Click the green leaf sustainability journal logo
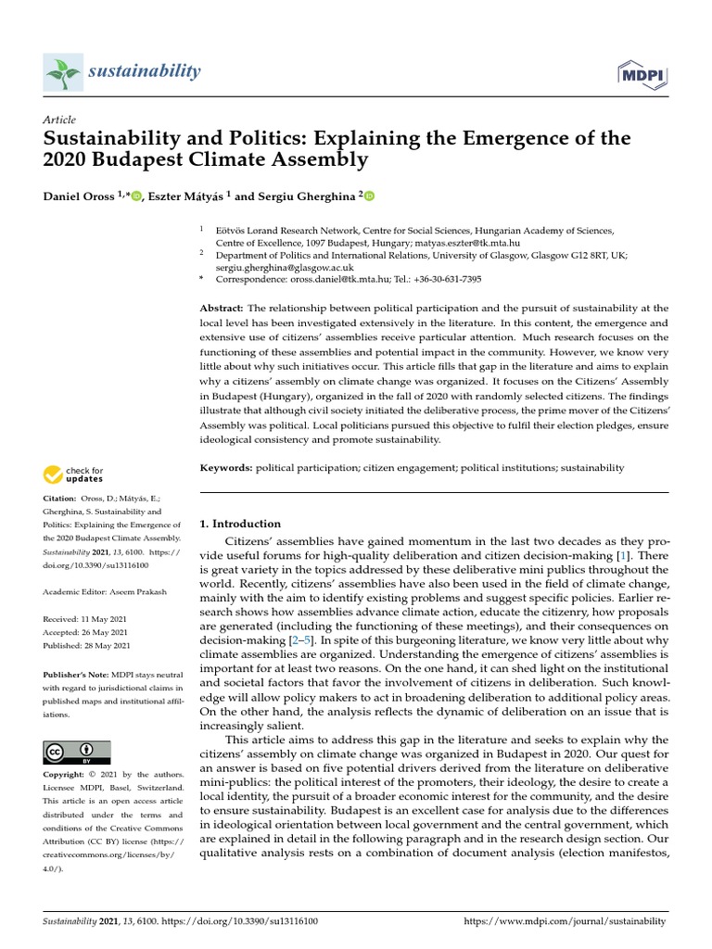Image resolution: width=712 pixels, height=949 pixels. tap(62, 72)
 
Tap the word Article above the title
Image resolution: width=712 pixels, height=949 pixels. tap(59, 120)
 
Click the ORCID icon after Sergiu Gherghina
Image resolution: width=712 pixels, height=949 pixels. tap(368, 196)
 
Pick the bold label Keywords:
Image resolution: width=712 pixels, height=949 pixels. tap(226, 468)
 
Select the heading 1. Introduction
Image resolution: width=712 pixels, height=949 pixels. tap(240, 524)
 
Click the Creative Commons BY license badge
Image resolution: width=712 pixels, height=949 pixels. tap(77, 752)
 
